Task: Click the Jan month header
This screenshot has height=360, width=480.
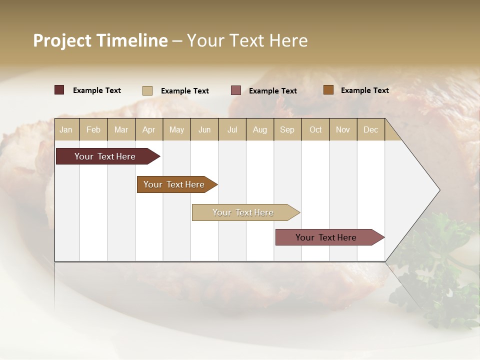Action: click(66, 129)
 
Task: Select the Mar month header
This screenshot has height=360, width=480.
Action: click(121, 129)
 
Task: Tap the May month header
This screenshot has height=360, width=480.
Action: click(176, 129)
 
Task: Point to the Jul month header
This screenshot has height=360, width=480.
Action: click(232, 129)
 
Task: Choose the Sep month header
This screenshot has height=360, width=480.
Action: click(287, 129)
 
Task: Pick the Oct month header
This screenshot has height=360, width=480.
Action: click(315, 129)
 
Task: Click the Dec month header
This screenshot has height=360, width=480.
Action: click(370, 129)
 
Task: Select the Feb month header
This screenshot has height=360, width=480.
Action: click(93, 129)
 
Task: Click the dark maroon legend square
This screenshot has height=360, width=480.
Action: click(59, 90)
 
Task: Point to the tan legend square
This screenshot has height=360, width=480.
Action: click(147, 90)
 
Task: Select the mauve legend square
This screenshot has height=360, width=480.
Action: click(236, 90)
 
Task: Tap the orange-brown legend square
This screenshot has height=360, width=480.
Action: click(328, 90)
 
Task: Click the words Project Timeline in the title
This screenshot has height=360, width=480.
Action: click(100, 40)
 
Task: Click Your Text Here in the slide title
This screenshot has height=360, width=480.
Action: click(247, 40)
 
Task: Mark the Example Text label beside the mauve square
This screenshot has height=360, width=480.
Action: click(273, 91)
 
